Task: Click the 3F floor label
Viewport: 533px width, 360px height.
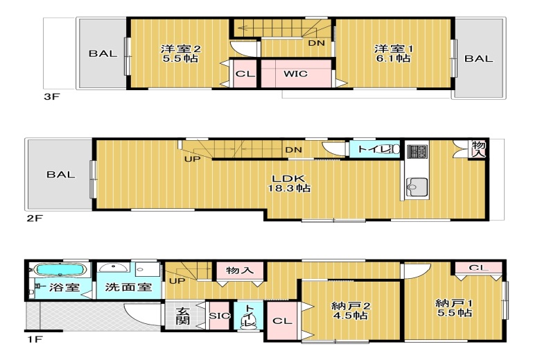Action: pyautogui.click(x=52, y=96)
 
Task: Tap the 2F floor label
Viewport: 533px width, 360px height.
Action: pyautogui.click(x=35, y=218)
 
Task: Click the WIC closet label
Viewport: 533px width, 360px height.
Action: pyautogui.click(x=295, y=74)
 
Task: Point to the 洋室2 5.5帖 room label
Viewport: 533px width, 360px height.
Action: pyautogui.click(x=180, y=53)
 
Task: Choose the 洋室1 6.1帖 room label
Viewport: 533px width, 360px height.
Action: pyautogui.click(x=393, y=53)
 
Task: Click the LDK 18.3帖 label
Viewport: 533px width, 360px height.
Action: pyautogui.click(x=289, y=183)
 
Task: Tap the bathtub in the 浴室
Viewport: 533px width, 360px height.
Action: pyautogui.click(x=60, y=271)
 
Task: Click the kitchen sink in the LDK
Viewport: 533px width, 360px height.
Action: pyautogui.click(x=417, y=187)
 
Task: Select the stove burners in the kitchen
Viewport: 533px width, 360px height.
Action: pyautogui.click(x=417, y=151)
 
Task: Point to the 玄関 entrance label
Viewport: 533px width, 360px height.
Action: pyautogui.click(x=182, y=316)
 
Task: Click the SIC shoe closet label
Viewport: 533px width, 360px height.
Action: pyautogui.click(x=219, y=316)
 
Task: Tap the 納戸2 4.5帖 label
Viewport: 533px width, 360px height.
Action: pyautogui.click(x=351, y=310)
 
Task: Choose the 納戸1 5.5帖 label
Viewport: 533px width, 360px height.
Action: pyautogui.click(x=454, y=307)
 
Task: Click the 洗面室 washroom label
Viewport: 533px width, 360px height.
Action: pyautogui.click(x=128, y=287)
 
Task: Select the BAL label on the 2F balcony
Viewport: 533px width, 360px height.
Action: pyautogui.click(x=61, y=175)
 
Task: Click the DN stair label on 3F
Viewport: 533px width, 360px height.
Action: pyautogui.click(x=317, y=43)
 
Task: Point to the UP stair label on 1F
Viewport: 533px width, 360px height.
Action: pyautogui.click(x=177, y=281)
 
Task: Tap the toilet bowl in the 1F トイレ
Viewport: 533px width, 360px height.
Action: pyautogui.click(x=249, y=322)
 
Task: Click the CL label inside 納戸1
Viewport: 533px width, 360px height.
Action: pyautogui.click(x=478, y=268)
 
